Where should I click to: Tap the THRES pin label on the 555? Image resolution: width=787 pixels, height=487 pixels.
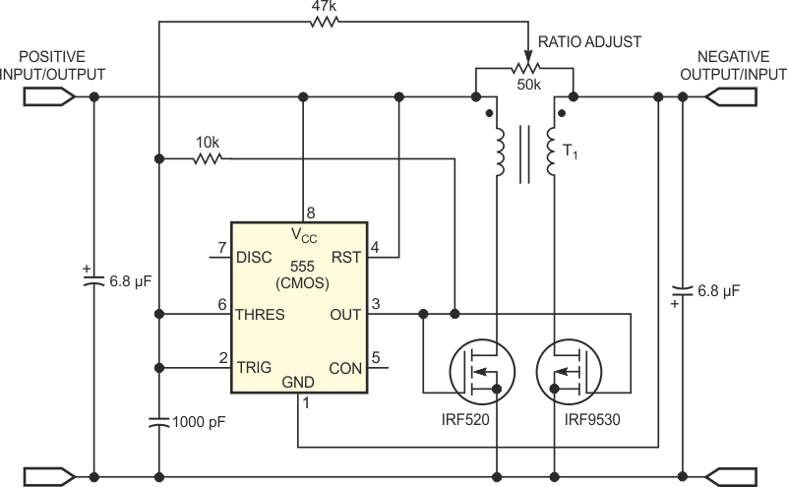tap(261, 316)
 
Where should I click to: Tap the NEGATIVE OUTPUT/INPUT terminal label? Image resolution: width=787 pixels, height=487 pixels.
tap(741, 65)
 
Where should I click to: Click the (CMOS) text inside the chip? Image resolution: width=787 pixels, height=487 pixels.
tap(301, 283)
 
